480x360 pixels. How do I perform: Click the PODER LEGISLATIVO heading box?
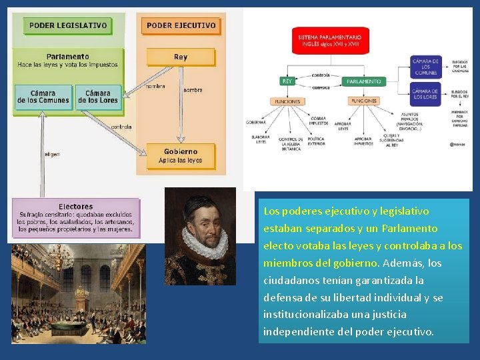[x=67, y=26]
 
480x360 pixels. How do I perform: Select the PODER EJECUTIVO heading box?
[x=181, y=25]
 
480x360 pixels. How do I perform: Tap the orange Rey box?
[x=181, y=57]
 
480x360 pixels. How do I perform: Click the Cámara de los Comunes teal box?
[x=43, y=97]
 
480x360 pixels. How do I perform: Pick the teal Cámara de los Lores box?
[x=98, y=97]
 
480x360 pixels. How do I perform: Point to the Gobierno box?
[x=181, y=155]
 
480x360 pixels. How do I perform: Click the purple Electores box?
[x=75, y=218]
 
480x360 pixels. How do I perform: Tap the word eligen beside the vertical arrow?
[x=52, y=154]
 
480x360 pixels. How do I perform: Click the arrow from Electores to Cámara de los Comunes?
[x=43, y=153]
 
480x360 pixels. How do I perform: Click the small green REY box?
[x=287, y=81]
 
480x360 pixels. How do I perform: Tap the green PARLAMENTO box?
[x=364, y=81]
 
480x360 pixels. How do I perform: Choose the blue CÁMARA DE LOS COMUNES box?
[x=425, y=67]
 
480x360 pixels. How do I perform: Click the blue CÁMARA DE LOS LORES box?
[x=425, y=93]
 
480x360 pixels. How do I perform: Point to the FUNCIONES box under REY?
[x=287, y=101]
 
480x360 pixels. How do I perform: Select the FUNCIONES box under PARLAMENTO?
[x=364, y=101]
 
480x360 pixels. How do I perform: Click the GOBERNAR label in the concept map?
[x=256, y=123]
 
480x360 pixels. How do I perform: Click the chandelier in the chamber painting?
[x=82, y=291]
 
